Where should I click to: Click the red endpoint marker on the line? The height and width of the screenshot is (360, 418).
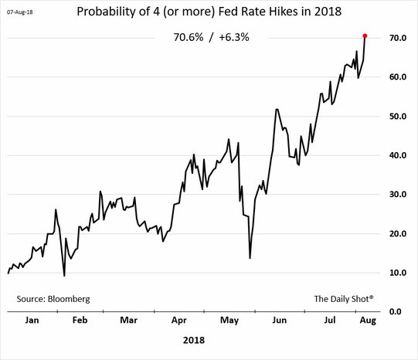click(x=365, y=36)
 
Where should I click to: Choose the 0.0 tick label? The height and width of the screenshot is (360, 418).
click(x=399, y=312)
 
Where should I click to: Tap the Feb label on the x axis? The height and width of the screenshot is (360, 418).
click(x=79, y=320)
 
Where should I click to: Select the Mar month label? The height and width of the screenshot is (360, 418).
click(x=127, y=320)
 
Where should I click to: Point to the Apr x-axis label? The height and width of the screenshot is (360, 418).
click(x=178, y=320)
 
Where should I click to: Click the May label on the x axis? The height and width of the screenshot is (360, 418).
click(x=229, y=320)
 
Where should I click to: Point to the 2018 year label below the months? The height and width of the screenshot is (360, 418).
click(x=194, y=339)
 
